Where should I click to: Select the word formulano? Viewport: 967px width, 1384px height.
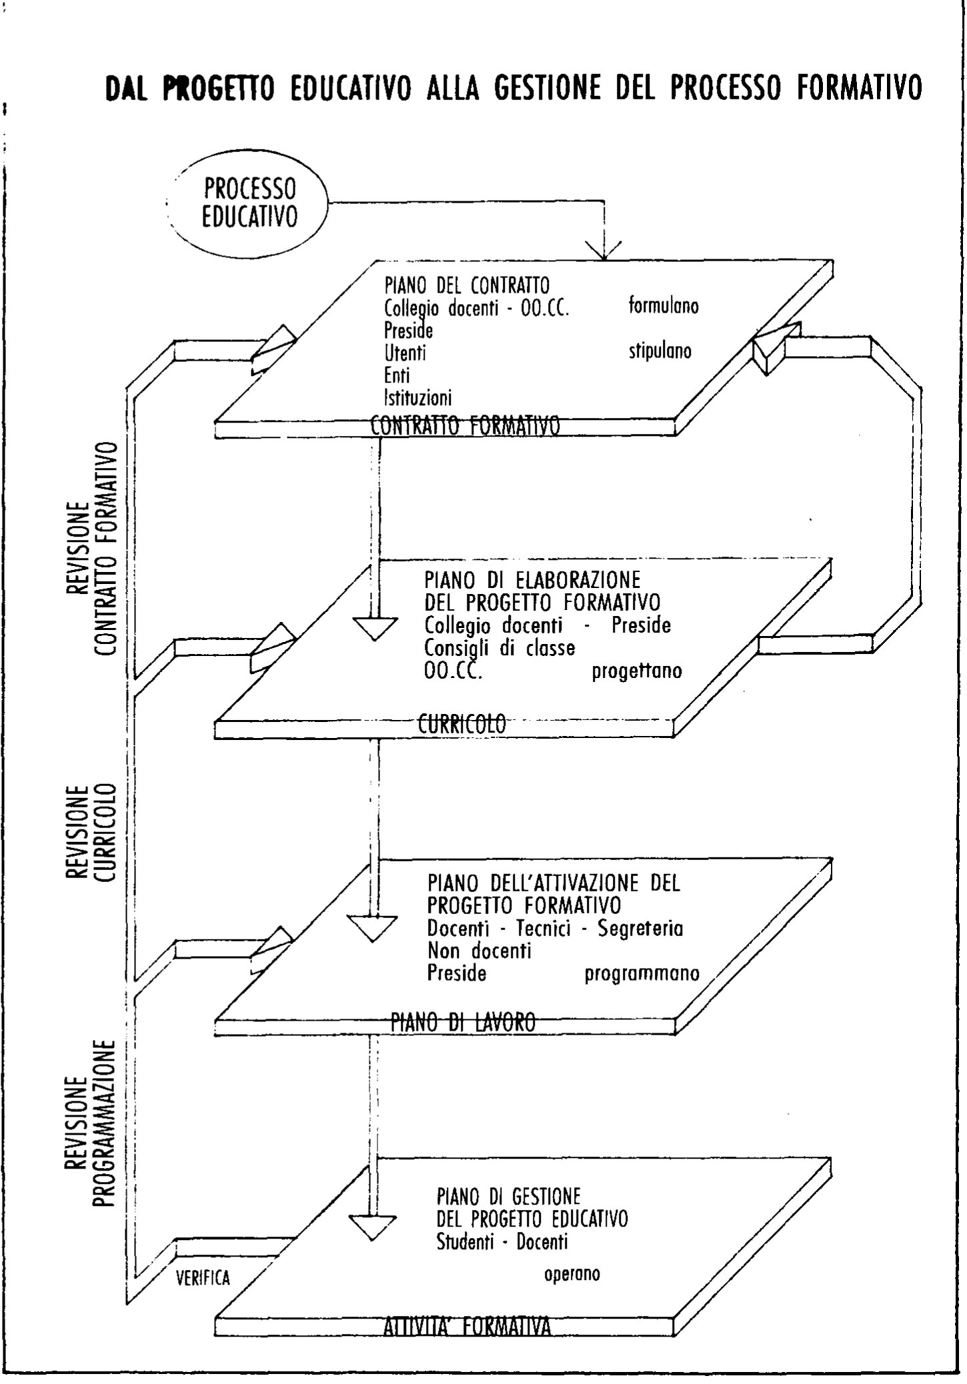point(664,306)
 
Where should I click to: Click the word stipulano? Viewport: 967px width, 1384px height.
point(660,351)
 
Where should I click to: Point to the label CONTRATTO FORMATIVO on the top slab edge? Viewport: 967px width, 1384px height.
point(465,425)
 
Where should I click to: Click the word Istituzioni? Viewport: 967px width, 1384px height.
point(417,398)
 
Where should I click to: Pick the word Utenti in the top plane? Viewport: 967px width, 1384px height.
point(405,352)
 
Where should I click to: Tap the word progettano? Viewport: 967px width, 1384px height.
point(637,671)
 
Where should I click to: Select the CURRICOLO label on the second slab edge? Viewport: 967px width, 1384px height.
point(462,723)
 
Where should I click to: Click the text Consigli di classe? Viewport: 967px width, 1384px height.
point(500,648)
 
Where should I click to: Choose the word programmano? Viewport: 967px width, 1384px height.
point(642,974)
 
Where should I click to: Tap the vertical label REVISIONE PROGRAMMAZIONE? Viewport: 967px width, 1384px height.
point(91,1123)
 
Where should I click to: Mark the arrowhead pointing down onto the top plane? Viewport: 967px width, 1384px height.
point(604,251)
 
